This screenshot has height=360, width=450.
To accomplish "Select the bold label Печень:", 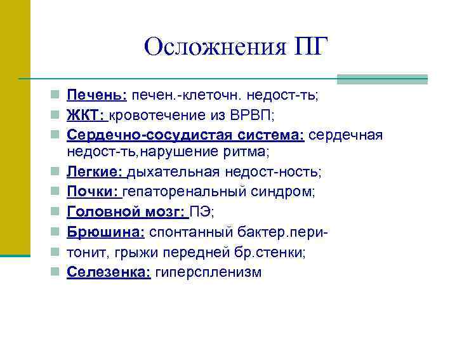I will [97, 95].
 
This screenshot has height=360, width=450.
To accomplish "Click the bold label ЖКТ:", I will [87, 116].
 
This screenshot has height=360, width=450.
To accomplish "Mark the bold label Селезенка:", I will [109, 272].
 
